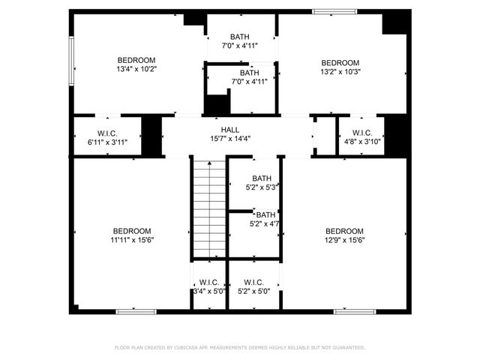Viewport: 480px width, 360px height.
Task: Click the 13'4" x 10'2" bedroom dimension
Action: point(136,70)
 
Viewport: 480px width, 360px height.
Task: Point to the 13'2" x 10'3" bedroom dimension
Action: point(340,72)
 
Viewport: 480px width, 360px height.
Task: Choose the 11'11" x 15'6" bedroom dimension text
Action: point(132,240)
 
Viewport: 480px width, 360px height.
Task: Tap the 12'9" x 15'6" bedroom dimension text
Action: point(344,240)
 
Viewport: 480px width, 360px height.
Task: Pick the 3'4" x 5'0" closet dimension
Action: point(208,291)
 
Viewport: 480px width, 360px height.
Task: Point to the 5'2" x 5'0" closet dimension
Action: point(259,291)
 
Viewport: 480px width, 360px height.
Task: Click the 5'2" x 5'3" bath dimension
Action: point(262,187)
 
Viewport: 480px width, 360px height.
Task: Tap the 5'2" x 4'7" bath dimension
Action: point(264,223)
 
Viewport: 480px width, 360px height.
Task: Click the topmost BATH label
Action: point(240,37)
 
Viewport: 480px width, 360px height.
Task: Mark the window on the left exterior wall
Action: point(72,64)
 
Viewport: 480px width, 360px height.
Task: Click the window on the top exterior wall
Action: point(334,11)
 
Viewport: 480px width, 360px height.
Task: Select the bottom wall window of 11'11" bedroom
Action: point(136,311)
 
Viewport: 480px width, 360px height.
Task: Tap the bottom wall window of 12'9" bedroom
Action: point(354,311)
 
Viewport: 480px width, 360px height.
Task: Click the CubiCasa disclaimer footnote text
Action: point(239,348)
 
